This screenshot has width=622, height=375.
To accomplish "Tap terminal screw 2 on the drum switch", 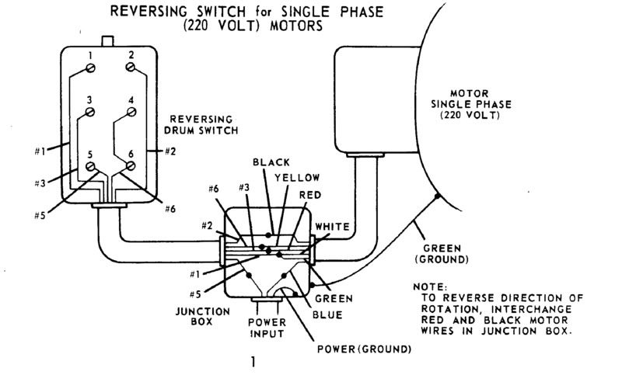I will pyautogui.click(x=131, y=69).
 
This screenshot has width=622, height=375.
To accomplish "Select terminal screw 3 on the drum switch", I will pyautogui.click(x=90, y=113).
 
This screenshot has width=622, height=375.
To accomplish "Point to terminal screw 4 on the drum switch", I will pyautogui.click(x=131, y=113).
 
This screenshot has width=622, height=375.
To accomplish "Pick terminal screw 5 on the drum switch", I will pyautogui.click(x=90, y=165).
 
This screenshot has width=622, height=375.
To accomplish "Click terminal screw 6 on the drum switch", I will pyautogui.click(x=131, y=165).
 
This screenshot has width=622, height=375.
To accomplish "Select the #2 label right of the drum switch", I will pyautogui.click(x=169, y=151).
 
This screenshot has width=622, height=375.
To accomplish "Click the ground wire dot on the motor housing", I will pyautogui.click(x=438, y=197).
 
